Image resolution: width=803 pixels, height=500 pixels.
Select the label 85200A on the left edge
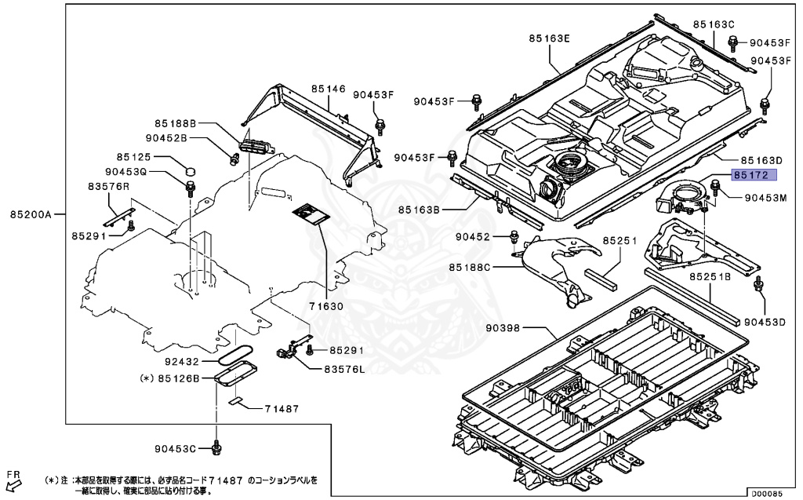pyautogui.click(x=31, y=214)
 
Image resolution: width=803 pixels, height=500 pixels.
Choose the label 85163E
pyautogui.click(x=549, y=38)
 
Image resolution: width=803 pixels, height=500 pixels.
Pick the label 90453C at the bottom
pyautogui.click(x=174, y=448)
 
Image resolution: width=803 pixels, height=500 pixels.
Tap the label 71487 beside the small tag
pyautogui.click(x=282, y=408)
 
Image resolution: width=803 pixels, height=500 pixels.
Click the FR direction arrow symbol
pyautogui.click(x=13, y=484)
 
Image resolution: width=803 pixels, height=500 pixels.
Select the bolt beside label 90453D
pyautogui.click(x=758, y=284)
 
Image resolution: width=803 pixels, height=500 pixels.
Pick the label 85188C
pyautogui.click(x=470, y=268)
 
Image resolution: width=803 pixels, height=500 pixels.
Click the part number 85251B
pyautogui.click(x=710, y=277)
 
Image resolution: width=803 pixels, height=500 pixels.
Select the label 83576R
pyautogui.click(x=108, y=187)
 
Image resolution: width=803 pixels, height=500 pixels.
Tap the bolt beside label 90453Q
pyautogui.click(x=190, y=187)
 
